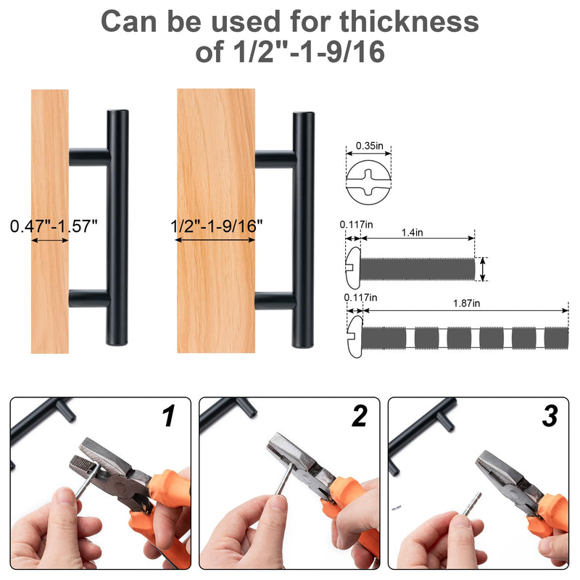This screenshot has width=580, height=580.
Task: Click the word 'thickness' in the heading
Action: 409,22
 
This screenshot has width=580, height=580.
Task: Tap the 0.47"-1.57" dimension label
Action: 54,226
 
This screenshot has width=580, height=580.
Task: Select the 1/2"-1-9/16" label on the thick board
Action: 216,226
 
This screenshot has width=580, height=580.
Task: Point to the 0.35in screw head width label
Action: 369,146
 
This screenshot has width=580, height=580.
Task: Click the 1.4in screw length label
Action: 412,232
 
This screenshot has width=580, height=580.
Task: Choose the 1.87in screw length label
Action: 466,303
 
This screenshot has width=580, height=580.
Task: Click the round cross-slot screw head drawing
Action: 368,183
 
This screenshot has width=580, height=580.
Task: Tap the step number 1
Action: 169,415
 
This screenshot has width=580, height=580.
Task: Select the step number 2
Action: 360,415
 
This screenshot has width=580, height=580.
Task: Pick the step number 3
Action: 550,416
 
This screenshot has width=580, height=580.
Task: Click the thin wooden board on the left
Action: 50,221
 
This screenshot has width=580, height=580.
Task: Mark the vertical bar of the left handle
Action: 117,228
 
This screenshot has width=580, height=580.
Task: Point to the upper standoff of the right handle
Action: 275,159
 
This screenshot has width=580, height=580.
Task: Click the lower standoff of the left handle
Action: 89,299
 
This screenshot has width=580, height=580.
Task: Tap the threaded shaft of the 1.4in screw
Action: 418,269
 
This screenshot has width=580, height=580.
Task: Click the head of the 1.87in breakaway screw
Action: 355,336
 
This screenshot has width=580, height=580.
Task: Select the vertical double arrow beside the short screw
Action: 482,269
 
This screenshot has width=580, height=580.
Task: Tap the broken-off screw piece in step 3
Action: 397,507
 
